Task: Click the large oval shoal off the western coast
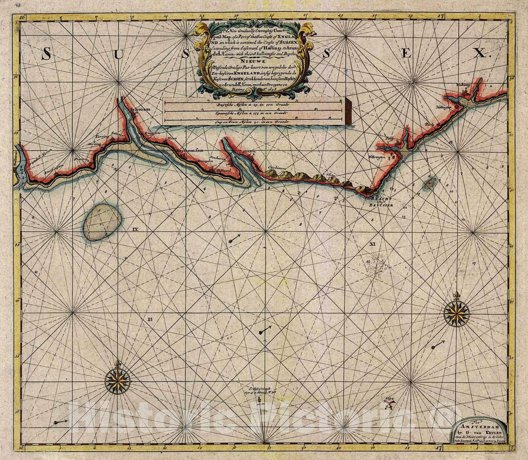point(102,222)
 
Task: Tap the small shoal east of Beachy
point(430,183)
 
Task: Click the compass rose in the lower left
point(117,380)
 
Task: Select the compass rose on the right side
point(457,313)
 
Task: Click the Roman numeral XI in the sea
point(372,243)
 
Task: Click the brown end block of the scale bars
point(348,111)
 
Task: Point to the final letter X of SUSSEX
point(481,53)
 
